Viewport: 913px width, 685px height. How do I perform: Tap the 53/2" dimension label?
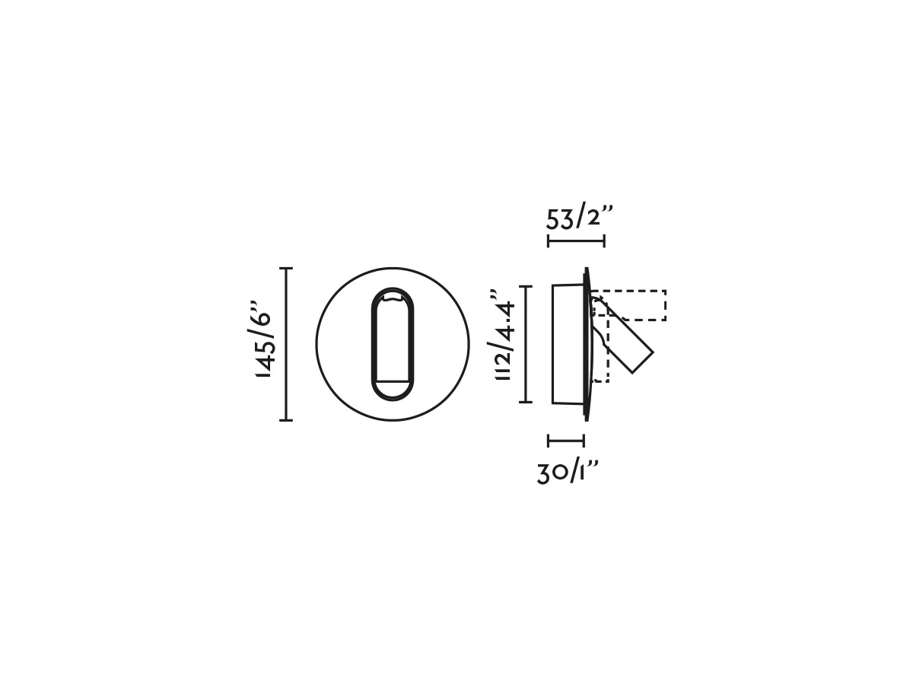tap(579, 216)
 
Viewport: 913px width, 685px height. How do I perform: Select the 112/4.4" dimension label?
tap(502, 335)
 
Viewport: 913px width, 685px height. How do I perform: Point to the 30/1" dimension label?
tap(568, 473)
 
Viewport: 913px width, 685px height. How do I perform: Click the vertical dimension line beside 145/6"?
tap(286, 344)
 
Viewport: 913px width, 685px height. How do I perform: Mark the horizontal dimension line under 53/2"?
tap(576, 241)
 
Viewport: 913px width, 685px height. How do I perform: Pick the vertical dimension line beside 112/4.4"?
tap(526, 344)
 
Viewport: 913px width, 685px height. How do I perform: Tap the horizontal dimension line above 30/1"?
tap(566, 441)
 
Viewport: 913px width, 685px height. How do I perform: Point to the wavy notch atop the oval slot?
tap(393, 296)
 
